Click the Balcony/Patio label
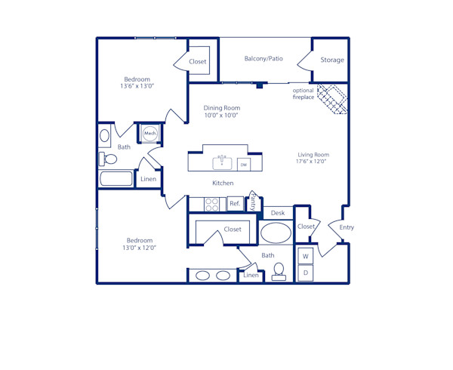click(263, 58)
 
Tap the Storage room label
click(331, 60)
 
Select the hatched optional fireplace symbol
click(331, 99)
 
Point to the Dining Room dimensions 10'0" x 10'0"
click(221, 116)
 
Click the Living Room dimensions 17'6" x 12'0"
click(312, 162)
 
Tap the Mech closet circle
click(150, 133)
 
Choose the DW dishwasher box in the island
click(243, 164)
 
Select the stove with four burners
click(212, 204)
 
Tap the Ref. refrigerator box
click(234, 204)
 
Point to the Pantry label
click(253, 202)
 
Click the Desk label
click(277, 214)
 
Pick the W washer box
click(306, 256)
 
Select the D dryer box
click(306, 273)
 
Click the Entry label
click(347, 227)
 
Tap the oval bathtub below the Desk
click(276, 233)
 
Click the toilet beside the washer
click(279, 271)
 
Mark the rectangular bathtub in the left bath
click(116, 179)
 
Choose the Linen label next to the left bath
click(149, 179)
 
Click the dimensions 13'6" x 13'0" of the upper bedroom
click(137, 86)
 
